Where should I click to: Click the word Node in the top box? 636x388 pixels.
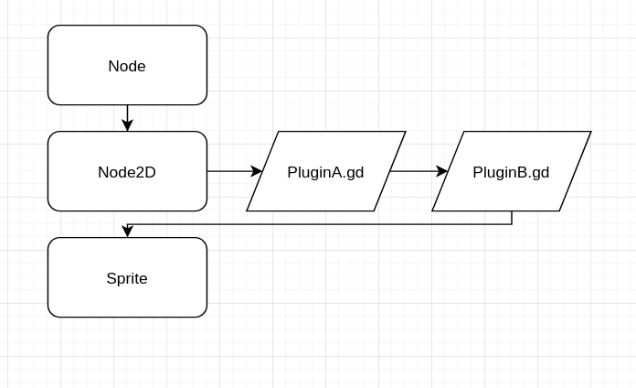tap(127, 66)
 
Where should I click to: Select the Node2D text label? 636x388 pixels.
tap(127, 172)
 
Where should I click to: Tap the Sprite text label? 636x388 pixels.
tap(127, 278)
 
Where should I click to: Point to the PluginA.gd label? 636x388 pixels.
tap(325, 172)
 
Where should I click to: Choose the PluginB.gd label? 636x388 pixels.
tap(511, 172)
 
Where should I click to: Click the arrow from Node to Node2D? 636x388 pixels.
tap(127, 116)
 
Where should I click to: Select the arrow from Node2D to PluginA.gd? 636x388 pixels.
tap(232, 171)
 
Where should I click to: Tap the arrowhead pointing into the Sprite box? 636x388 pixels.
tap(127, 232)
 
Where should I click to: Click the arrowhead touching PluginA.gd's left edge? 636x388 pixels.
tap(257, 171)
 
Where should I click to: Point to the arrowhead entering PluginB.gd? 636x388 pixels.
tap(442, 171)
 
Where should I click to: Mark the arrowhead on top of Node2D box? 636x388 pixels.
tap(127, 125)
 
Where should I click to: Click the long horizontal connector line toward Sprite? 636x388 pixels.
tap(320, 224)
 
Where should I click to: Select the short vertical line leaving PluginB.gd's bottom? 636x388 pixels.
tap(512, 218)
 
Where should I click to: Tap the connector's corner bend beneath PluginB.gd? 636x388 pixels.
tap(512, 224)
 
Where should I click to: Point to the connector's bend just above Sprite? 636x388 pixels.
tap(128, 224)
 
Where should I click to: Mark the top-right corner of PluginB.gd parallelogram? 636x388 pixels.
tap(590, 132)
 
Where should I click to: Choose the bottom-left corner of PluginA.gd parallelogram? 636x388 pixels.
tap(248, 210)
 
